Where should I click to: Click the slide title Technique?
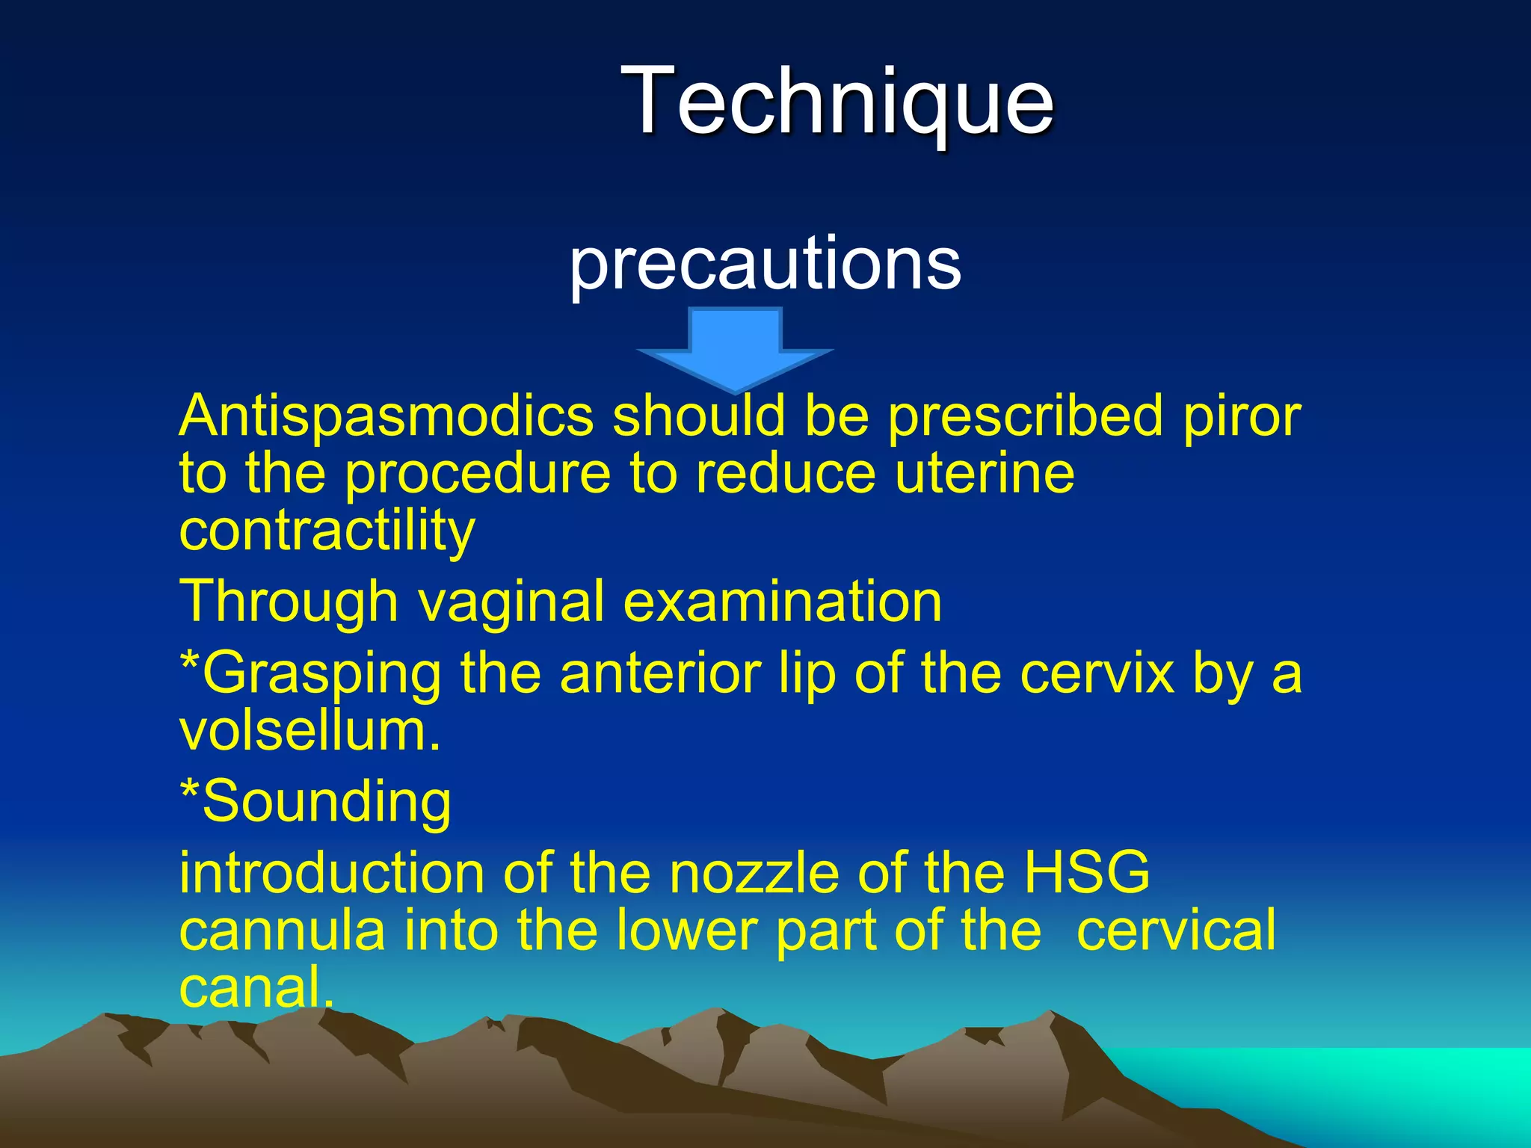[x=837, y=101]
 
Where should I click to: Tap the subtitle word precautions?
[x=765, y=264]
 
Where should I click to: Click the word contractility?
[x=327, y=531]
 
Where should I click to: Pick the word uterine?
[x=985, y=474]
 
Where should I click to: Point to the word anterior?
[x=660, y=673]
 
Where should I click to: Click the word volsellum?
[x=309, y=730]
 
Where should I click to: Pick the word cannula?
[x=282, y=931]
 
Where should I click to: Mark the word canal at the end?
[x=255, y=987]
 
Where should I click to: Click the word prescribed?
[x=1025, y=416]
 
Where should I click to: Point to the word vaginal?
[x=511, y=602]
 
